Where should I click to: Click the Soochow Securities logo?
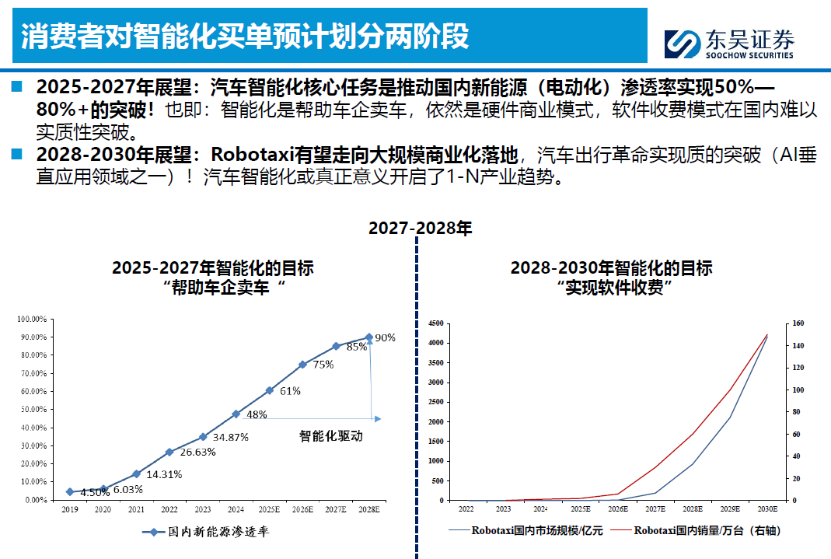729,44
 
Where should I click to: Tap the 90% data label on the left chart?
386,338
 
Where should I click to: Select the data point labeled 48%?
236,414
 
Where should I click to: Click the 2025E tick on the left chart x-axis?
269,510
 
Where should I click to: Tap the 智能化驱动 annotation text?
331,436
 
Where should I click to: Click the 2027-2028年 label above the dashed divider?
420,228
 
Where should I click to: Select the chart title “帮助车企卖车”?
213,288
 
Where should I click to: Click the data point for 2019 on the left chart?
70,492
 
